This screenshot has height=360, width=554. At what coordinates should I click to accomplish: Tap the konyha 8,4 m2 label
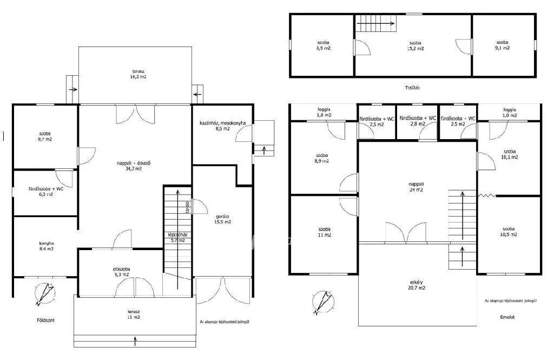pyautogui.click(x=46, y=246)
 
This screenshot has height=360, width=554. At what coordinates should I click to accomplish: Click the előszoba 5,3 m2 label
pyautogui.click(x=121, y=271)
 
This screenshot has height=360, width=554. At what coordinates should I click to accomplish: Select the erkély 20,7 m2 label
pyautogui.click(x=416, y=285)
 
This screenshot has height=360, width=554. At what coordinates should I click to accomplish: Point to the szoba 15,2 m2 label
pyautogui.click(x=415, y=45)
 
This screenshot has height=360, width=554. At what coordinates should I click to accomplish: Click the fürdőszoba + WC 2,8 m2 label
pyautogui.click(x=417, y=121)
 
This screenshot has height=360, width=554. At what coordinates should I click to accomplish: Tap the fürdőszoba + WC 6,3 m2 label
pyautogui.click(x=46, y=192)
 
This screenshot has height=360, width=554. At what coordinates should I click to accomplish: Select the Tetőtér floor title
pyautogui.click(x=412, y=87)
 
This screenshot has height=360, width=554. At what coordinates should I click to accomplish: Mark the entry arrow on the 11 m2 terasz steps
pyautogui.click(x=135, y=341)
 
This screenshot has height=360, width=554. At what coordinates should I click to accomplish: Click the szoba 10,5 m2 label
pyautogui.click(x=509, y=231)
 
